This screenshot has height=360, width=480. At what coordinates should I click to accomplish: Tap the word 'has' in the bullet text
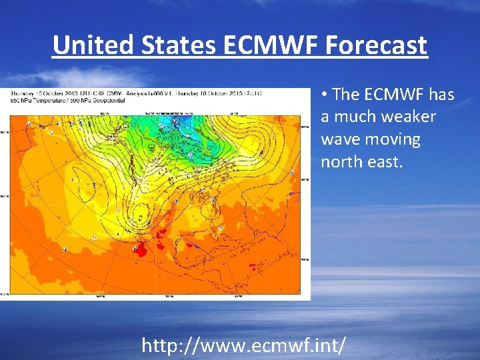441,94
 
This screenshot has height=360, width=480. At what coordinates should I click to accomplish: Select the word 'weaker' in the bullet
411,117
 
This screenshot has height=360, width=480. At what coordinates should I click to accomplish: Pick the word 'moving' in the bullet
396,139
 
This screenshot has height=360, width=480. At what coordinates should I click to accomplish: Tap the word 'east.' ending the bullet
385,162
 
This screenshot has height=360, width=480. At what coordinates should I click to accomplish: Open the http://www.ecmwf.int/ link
244,345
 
